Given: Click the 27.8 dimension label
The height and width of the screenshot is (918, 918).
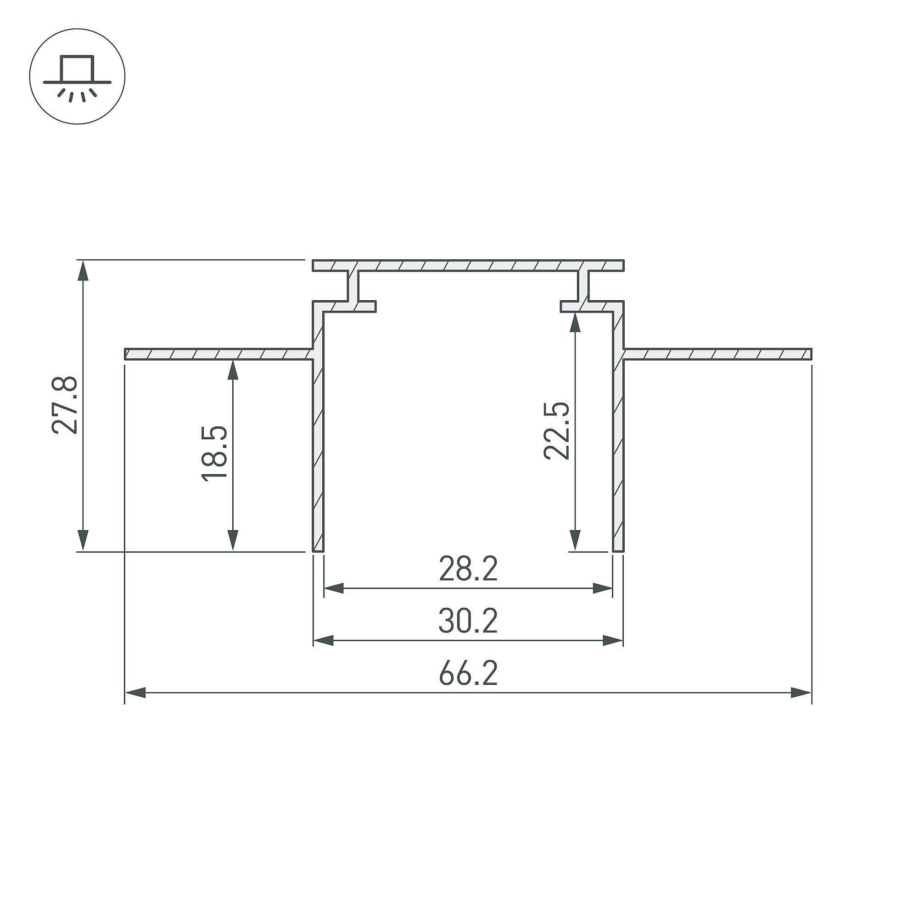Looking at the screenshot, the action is (x=65, y=405).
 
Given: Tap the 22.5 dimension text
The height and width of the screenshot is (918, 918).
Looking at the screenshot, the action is (x=556, y=431).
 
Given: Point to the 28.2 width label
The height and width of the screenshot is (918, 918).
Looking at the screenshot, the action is (x=468, y=570).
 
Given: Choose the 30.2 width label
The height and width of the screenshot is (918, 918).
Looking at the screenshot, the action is (x=468, y=622).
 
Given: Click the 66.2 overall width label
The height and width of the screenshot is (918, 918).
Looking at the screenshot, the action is (x=468, y=674).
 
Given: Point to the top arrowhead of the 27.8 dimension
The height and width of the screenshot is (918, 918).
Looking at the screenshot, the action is (x=83, y=270).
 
